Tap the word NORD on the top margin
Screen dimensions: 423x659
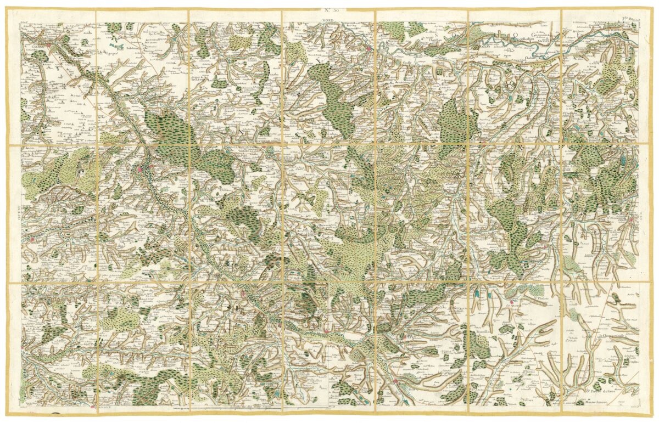[328, 19]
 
